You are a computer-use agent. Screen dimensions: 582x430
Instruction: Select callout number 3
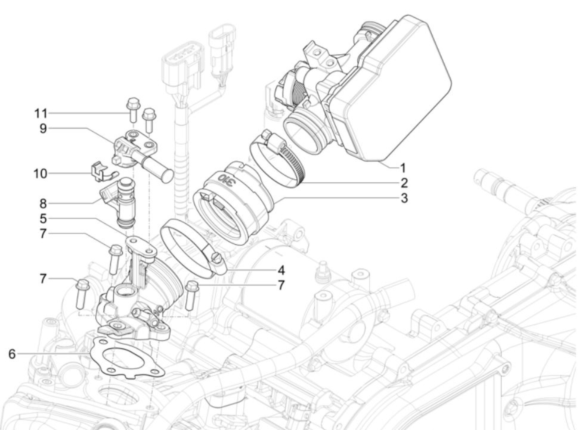coord(404,198)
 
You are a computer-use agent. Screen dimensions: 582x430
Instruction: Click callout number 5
coord(43,219)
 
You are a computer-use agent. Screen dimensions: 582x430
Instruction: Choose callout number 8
coord(43,204)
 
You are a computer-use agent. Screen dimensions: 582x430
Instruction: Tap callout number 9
coord(43,128)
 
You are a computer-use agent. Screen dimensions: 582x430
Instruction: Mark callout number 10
coord(40,173)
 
